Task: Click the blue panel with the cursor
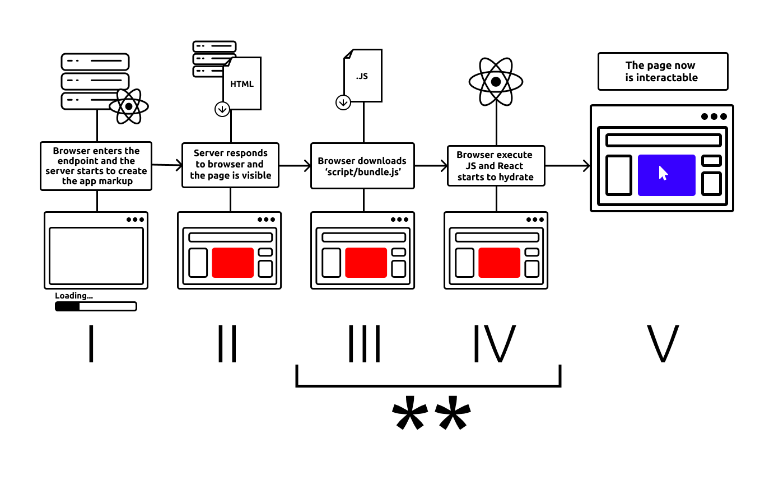666,175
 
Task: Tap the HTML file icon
242,83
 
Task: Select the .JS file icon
362,76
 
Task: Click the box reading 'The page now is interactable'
663,72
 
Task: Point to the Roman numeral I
91,343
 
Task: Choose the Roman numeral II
228,343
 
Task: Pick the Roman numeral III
365,343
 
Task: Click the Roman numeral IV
494,343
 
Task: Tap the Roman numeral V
663,343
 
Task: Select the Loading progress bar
96,306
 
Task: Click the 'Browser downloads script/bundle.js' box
363,166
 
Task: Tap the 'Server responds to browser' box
230,165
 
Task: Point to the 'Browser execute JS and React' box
496,166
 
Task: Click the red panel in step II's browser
232,263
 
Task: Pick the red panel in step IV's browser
499,263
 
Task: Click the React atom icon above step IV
496,82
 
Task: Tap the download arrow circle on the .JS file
343,102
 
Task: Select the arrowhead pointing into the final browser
586,166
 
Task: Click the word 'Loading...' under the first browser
74,296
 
